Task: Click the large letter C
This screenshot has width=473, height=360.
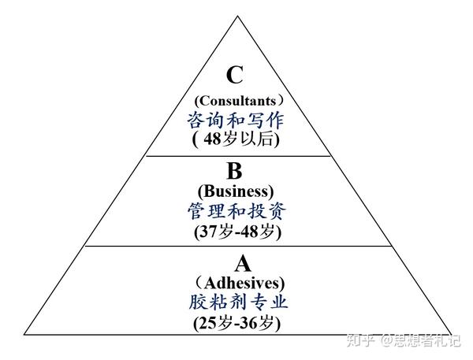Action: click(235, 75)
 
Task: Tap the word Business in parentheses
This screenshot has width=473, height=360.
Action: click(236, 192)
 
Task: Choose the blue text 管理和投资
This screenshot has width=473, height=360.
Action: click(236, 212)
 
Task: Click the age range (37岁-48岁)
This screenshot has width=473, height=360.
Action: click(237, 232)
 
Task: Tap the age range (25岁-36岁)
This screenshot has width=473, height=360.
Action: click(237, 322)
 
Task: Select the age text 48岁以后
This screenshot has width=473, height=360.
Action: click(237, 139)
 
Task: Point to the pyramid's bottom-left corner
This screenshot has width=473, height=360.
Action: click(25, 332)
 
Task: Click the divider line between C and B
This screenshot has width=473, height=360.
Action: click(236, 156)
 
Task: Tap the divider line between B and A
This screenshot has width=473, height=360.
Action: click(236, 246)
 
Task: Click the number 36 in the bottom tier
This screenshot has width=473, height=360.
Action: click(253, 322)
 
